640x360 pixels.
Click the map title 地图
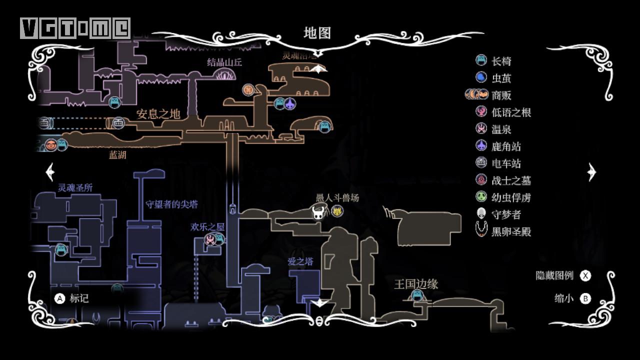coord(317,33)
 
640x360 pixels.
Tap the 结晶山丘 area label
coord(224,62)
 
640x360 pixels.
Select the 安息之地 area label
coord(158,114)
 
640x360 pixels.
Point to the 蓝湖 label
coord(117,155)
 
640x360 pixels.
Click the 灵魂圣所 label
coord(75,187)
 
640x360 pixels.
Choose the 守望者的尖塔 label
coord(171,204)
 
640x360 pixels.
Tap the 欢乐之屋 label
coord(207,226)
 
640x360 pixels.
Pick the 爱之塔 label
coord(300,261)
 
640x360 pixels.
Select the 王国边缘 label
coord(416,284)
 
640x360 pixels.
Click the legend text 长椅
coord(501,61)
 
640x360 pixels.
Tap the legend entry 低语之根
coord(511,112)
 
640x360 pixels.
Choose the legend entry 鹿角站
coord(506,146)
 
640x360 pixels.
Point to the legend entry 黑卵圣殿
coord(511,231)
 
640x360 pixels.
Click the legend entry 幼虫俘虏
coord(511,197)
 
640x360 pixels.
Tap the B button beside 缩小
coord(585,298)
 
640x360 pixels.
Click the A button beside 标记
coord(59,298)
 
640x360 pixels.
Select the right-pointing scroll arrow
coord(592,172)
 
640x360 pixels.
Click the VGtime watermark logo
coord(75,28)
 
